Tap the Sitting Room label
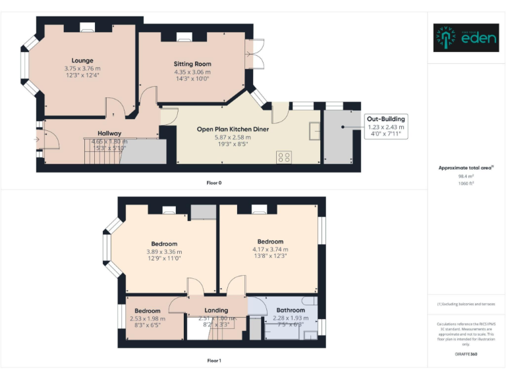coord(192,64)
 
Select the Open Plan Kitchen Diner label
coord(233,129)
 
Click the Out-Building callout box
coord(385,126)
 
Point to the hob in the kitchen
coord(285,157)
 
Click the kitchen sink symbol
coord(314,131)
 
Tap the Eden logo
coord(465,38)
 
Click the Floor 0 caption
coord(214,182)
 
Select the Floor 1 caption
coord(214,361)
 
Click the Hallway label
coord(109,134)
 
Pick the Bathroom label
coord(290,310)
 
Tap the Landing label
coord(216,310)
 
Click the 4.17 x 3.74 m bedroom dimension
coord(270,250)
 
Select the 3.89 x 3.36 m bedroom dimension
coord(164,251)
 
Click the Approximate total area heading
coord(466,168)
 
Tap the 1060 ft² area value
coord(466,184)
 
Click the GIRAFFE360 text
coord(466,355)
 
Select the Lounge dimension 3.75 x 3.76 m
coord(82,68)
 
